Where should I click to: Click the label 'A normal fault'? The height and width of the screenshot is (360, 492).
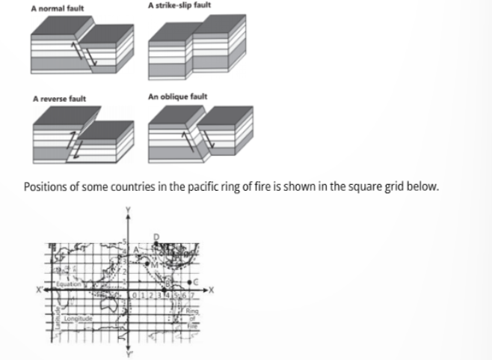click(x=58, y=8)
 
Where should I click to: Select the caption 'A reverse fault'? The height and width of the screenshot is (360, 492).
click(x=59, y=98)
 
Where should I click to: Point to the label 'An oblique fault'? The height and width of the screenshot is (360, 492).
click(x=178, y=97)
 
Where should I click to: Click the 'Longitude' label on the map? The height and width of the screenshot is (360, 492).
click(x=77, y=320)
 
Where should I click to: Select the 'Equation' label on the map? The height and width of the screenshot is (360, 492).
click(x=75, y=286)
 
